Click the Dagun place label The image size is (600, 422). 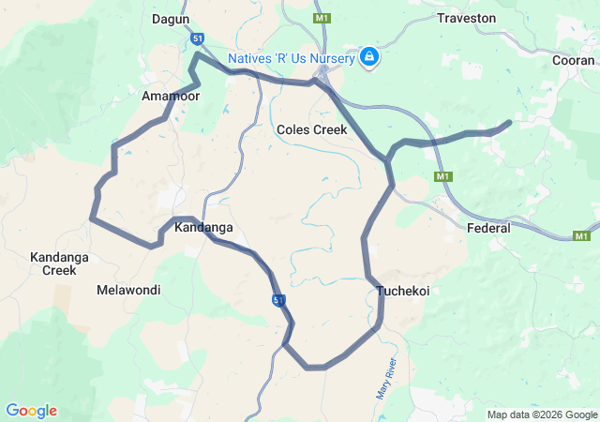[171, 19]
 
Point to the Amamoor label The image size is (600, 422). [166, 97]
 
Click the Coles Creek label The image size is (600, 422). [312, 129]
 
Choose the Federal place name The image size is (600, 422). [488, 228]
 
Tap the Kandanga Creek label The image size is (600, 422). [52, 264]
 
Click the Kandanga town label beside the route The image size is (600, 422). [203, 228]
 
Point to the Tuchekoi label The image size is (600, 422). [403, 291]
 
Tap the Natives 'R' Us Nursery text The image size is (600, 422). [292, 59]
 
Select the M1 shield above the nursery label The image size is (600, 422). [322, 18]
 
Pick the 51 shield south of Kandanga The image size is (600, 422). [279, 299]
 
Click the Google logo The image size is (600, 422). [31, 411]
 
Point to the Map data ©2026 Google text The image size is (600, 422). [541, 414]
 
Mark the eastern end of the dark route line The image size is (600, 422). [510, 122]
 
